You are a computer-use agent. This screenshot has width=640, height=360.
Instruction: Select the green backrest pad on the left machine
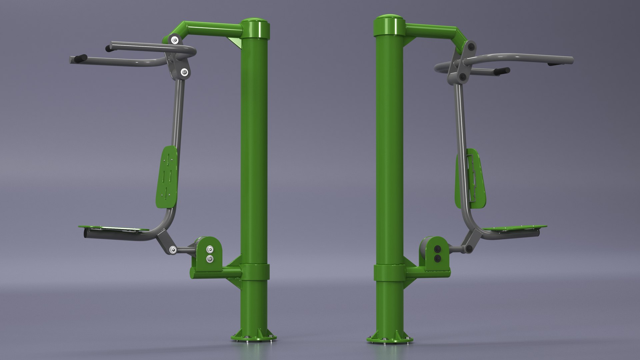tap(166, 177)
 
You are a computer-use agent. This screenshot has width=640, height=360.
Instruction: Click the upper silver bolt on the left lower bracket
tap(209, 249)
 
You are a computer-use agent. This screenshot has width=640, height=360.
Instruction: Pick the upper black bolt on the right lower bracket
tap(437, 249)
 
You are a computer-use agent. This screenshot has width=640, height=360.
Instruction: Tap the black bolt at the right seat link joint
tap(468, 249)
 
